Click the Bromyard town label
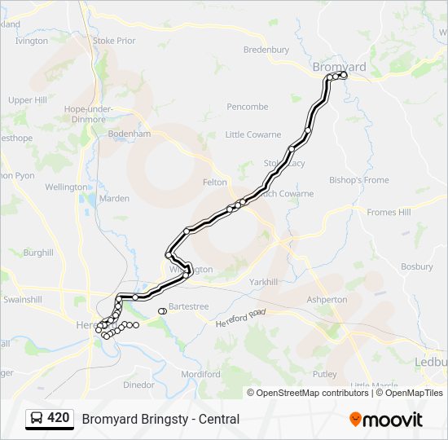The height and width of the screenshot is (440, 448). (339, 66)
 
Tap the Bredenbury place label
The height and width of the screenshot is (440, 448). (266, 50)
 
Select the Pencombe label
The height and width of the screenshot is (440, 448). (248, 107)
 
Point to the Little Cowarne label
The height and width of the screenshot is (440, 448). (253, 134)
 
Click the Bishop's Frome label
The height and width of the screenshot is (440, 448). (359, 180)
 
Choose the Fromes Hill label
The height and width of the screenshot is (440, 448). (389, 213)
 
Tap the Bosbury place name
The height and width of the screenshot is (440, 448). (417, 266)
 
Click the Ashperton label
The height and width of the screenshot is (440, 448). (327, 300)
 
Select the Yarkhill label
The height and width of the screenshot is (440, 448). (264, 281)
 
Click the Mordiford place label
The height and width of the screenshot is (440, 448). (201, 374)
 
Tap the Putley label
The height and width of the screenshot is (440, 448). (324, 374)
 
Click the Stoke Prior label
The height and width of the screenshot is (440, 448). (114, 40)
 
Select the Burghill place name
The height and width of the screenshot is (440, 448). (37, 253)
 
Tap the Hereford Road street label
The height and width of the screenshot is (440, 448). (241, 318)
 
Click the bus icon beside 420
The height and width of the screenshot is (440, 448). (36, 418)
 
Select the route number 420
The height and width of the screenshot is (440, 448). (59, 418)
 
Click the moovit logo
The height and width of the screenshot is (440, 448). (386, 420)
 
